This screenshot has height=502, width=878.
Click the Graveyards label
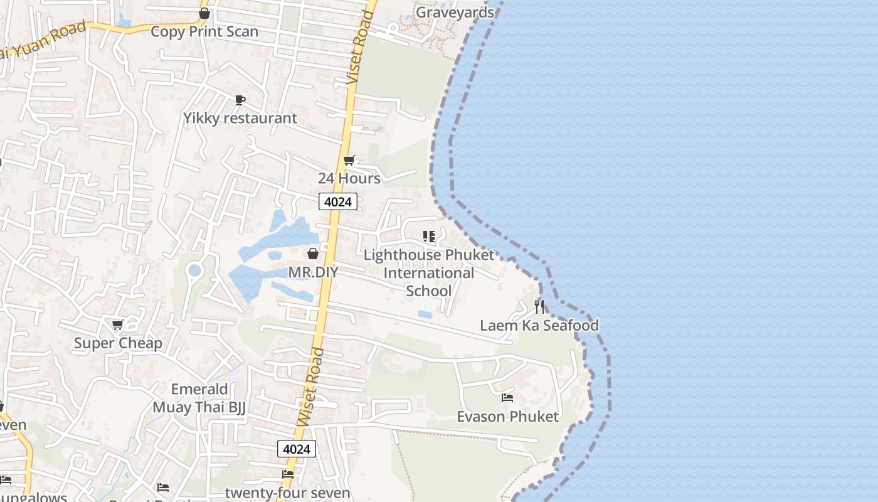point(455,13)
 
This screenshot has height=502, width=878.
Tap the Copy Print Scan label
point(204,31)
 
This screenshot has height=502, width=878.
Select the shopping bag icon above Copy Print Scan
point(204,13)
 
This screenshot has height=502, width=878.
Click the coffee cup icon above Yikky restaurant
point(240,100)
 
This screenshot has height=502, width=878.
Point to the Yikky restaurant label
point(240,118)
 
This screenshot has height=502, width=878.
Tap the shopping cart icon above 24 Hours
point(349,161)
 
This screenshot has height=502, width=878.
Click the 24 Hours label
point(349,178)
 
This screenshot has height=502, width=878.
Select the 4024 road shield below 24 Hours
point(338,201)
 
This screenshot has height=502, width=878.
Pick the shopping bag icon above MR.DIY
point(313,254)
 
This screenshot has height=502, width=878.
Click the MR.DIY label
point(313,272)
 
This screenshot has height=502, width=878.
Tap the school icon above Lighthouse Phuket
point(429,237)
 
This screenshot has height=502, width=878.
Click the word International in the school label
point(429,273)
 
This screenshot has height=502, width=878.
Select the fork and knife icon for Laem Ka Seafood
point(539,307)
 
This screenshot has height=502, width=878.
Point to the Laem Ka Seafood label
point(539,325)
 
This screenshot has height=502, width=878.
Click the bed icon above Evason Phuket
point(507,398)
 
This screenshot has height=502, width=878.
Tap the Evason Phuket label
point(507,417)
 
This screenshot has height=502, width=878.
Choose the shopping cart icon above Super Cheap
point(117,324)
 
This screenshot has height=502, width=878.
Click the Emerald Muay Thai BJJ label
point(199,398)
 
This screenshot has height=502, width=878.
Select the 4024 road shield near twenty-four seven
point(297,449)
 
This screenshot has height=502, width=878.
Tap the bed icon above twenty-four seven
point(288,474)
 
